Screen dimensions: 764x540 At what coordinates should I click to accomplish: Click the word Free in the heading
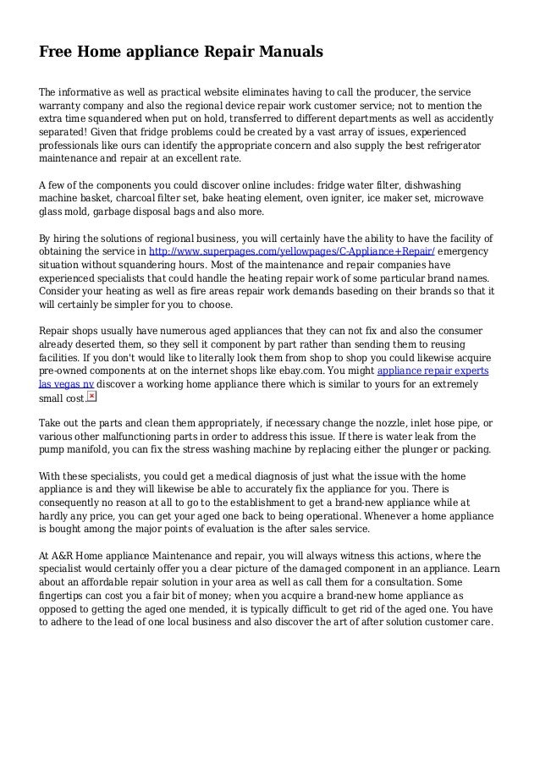pos(56,52)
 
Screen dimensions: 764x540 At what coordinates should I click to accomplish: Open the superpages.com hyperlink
pos(292,252)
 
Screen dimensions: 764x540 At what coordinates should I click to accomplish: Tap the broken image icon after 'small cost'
pos(91,396)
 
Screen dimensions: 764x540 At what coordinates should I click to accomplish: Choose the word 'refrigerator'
pos(450,146)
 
